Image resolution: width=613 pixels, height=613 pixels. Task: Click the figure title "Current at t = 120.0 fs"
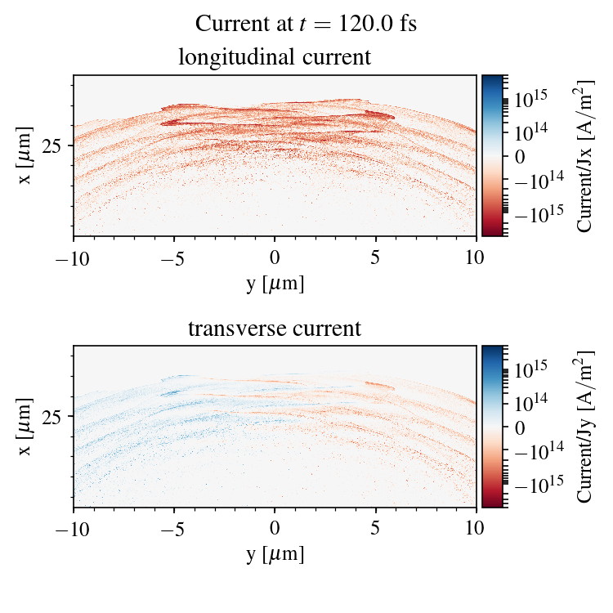[306, 24]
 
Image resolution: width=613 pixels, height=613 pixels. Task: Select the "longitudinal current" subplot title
[275, 58]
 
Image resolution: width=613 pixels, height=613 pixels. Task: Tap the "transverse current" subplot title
[275, 329]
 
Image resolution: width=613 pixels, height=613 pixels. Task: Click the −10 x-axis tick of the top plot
[74, 258]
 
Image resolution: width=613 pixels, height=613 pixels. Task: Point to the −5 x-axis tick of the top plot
[174, 258]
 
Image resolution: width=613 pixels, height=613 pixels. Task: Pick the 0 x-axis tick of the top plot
[275, 258]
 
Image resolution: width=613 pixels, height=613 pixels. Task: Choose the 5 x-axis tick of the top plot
[376, 258]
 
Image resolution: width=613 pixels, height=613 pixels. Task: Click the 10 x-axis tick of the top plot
[477, 258]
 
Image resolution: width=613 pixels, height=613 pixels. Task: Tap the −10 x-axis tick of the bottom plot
[74, 530]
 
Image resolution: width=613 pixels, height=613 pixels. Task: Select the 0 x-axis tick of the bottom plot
[275, 530]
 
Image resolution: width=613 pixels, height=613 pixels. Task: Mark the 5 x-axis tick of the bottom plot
[376, 530]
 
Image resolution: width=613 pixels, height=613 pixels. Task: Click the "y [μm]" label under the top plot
[275, 284]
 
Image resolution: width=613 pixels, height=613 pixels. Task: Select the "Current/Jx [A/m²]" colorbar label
[585, 156]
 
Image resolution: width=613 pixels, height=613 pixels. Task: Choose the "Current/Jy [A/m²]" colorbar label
[585, 427]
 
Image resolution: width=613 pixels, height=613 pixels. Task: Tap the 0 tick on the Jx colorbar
[520, 155]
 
